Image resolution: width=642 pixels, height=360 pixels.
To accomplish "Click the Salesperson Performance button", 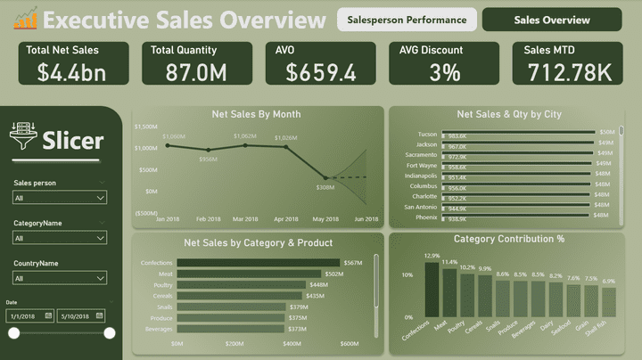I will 407,20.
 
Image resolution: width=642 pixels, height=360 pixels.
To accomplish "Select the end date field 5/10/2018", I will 81,315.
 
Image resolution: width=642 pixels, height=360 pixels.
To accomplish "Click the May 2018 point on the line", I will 325,178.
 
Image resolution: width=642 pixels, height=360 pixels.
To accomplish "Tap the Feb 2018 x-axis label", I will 209,219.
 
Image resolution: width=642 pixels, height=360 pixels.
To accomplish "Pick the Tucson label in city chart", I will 426,135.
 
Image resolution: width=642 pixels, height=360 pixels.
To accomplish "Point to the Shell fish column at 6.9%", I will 609,302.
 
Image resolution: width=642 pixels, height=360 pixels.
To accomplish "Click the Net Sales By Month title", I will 256,114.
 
